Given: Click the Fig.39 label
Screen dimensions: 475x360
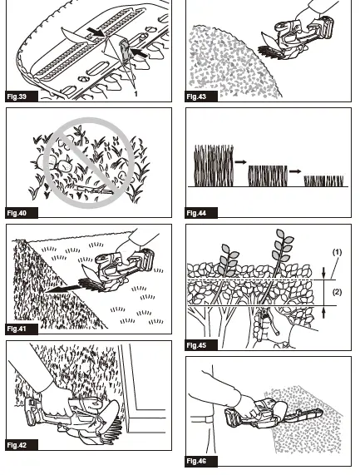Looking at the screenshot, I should (x=17, y=97).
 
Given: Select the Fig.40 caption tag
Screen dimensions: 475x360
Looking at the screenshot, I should (x=17, y=213).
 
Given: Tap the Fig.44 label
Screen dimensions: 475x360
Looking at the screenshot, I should (x=196, y=213).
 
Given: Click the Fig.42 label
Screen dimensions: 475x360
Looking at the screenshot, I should (x=17, y=445).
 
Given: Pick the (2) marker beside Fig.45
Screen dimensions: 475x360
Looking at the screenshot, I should (x=337, y=292).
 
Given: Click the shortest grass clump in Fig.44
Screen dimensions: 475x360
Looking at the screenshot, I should (x=323, y=181).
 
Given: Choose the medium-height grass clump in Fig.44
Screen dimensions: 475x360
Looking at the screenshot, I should (x=268, y=175).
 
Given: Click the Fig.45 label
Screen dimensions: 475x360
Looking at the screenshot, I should (x=196, y=344).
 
